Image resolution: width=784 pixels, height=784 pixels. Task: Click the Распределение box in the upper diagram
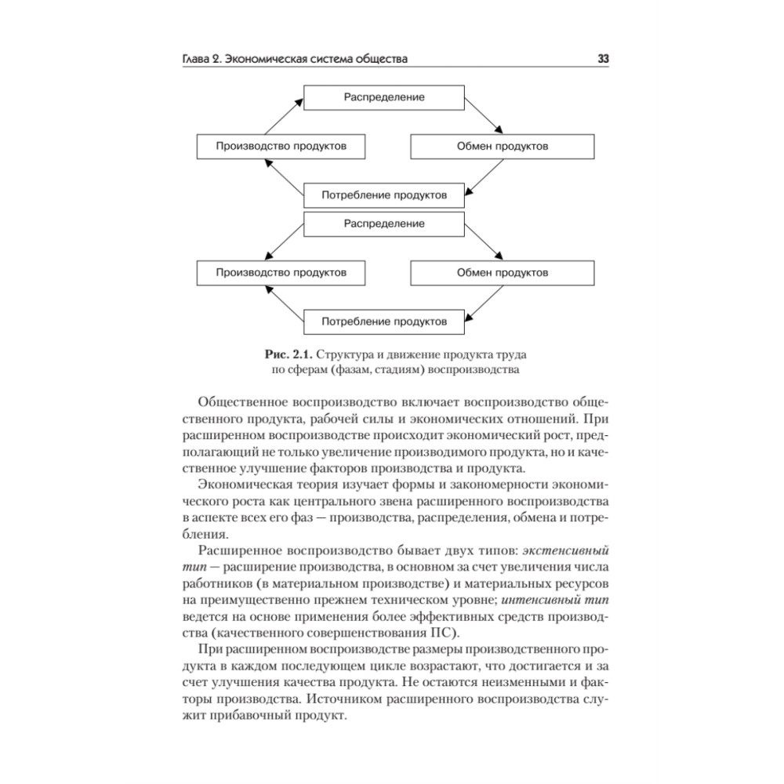[384, 97]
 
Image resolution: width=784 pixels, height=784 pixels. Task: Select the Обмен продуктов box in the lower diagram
[503, 273]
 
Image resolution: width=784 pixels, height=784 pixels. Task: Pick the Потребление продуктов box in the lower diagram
[384, 321]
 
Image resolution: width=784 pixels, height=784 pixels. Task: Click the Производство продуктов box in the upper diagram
[281, 147]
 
